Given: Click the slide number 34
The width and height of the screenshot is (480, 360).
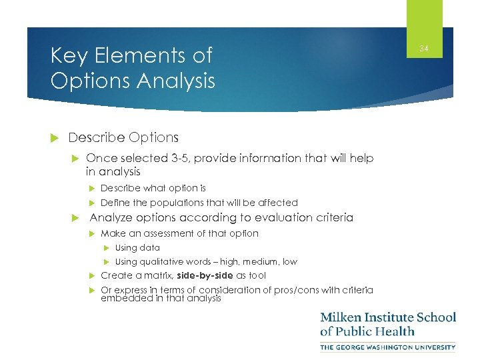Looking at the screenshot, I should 424,48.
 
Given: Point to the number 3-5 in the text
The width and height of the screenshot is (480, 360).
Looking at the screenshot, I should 175,158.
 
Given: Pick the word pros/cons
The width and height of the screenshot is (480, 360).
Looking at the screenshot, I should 297,290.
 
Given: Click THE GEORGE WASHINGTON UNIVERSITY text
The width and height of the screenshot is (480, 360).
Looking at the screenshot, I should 388,347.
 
